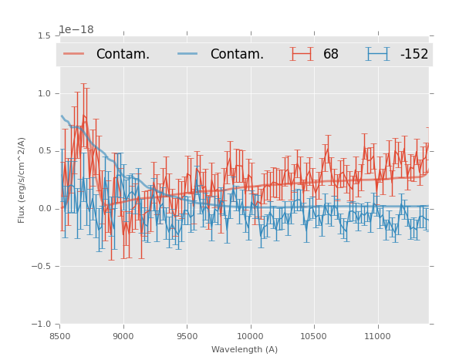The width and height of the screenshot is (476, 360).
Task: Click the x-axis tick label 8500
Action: (x=60, y=336)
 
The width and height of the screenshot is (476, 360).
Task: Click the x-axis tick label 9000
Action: (x=123, y=336)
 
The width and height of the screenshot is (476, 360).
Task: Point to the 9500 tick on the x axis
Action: (x=187, y=336)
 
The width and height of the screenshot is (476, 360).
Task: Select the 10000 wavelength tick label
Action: (x=250, y=336)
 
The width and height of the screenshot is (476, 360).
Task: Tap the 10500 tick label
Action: (x=313, y=336)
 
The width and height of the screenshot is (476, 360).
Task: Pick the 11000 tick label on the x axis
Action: (x=376, y=336)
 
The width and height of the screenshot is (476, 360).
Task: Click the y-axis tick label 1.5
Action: (x=45, y=35)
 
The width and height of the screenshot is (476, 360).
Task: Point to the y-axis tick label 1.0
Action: (x=45, y=93)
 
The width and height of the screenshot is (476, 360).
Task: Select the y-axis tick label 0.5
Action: (x=45, y=151)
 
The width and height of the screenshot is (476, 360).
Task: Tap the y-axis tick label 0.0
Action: (x=45, y=209)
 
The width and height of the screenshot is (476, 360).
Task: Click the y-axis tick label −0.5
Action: (x=42, y=267)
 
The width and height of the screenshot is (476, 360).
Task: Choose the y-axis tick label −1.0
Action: (x=42, y=325)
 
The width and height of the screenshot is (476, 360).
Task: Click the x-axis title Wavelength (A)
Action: (x=245, y=349)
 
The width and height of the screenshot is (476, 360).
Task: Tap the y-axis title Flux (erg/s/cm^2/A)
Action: (x=22, y=180)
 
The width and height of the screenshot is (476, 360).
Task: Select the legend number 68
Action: (x=331, y=55)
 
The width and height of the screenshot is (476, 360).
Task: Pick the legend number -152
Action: (x=414, y=55)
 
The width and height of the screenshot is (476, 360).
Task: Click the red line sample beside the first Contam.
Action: (x=74, y=54)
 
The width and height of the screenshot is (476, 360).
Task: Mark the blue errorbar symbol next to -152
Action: (x=377, y=54)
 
